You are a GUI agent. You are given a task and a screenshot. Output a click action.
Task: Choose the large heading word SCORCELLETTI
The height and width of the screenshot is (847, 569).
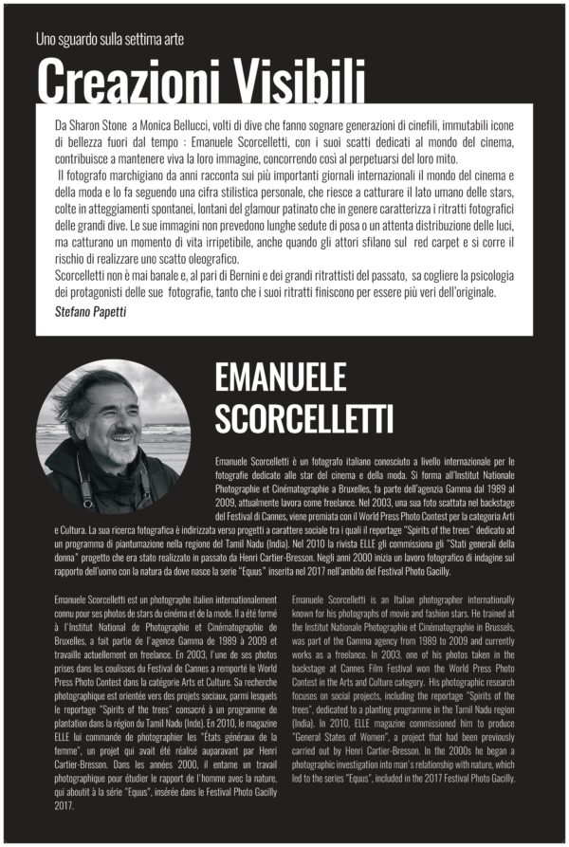point(303,418)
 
